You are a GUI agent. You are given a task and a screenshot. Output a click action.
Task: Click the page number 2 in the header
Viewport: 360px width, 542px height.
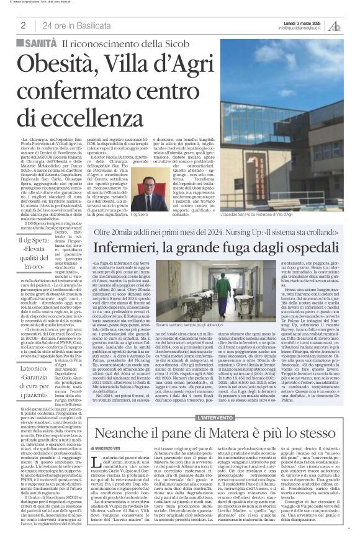pyautogui.click(x=23, y=25)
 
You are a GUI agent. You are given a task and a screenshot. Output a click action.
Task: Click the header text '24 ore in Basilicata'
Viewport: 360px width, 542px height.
pyautogui.click(x=72, y=25)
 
